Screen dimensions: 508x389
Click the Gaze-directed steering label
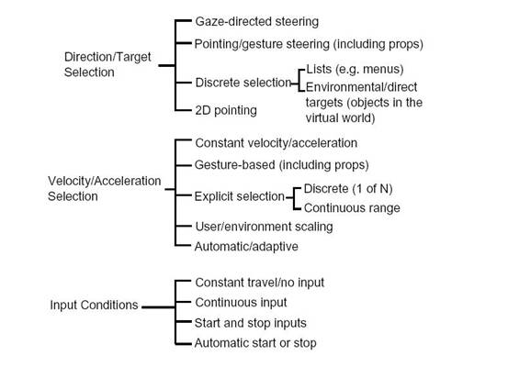pyautogui.click(x=257, y=22)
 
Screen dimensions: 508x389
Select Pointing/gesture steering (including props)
pyautogui.click(x=309, y=44)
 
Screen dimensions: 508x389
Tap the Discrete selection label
pyautogui.click(x=243, y=83)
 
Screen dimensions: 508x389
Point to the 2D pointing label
pyautogui.click(x=226, y=110)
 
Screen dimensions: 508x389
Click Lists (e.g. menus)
pyautogui.click(x=355, y=69)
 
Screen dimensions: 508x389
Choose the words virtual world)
pyautogui.click(x=340, y=117)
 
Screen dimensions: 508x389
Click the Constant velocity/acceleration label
pyautogui.click(x=276, y=143)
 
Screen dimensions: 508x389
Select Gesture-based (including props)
pyautogui.click(x=281, y=165)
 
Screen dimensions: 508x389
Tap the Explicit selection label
pyautogui.click(x=240, y=196)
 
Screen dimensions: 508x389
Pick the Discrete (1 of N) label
pyautogui.click(x=348, y=189)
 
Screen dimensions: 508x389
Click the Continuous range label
pyautogui.click(x=352, y=207)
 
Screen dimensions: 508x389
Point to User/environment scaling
pyautogui.click(x=264, y=227)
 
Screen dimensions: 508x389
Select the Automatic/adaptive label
pyautogui.click(x=246, y=247)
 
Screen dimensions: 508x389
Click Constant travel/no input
pyautogui.click(x=259, y=283)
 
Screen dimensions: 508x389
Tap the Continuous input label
pyautogui.click(x=241, y=303)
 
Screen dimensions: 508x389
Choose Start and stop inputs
pyautogui.click(x=251, y=323)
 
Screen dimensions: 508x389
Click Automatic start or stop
pyautogui.click(x=255, y=343)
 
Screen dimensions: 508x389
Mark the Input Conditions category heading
pyautogui.click(x=94, y=305)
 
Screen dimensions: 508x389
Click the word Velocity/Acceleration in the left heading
pyautogui.click(x=105, y=181)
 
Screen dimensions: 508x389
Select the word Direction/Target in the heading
pyautogui.click(x=107, y=57)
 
